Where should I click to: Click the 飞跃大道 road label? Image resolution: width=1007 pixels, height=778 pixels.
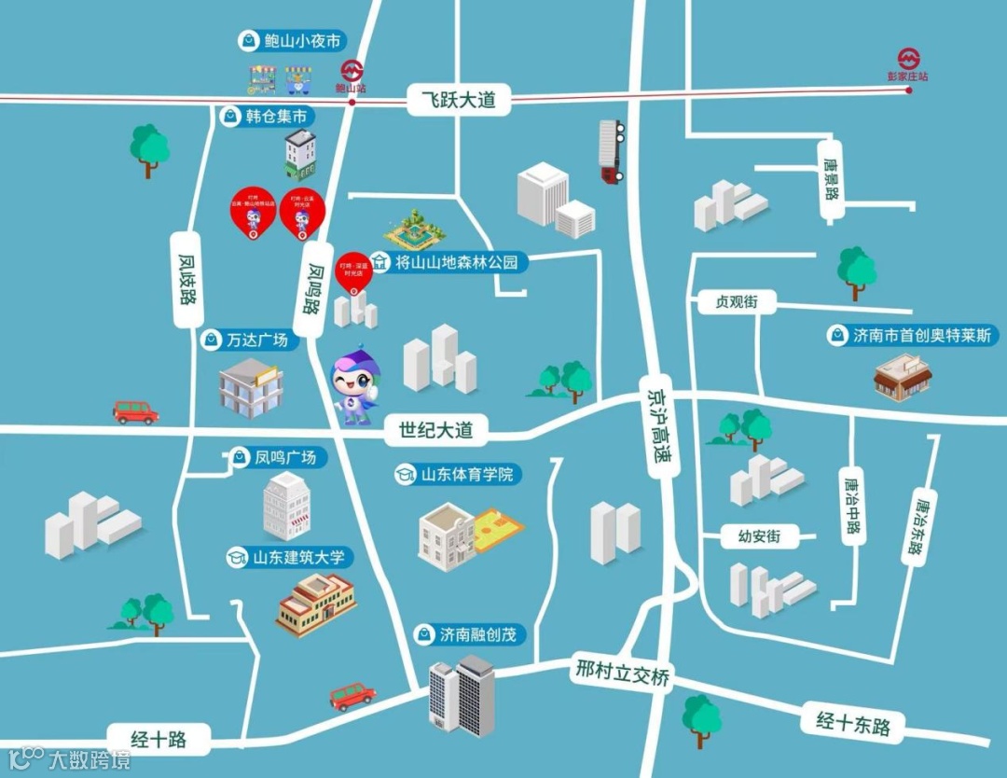pos(459,100)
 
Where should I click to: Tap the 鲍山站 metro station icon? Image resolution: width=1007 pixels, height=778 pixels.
pos(352,71)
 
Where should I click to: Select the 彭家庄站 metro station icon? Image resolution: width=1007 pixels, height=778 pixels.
pos(909,58)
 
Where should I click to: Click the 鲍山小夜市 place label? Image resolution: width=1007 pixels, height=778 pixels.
pos(292,41)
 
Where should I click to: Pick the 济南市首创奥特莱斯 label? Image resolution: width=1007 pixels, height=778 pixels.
pos(913,335)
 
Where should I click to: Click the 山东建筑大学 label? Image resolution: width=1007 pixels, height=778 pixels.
pos(289,558)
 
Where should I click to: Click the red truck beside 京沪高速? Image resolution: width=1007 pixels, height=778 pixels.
pos(610,151)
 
